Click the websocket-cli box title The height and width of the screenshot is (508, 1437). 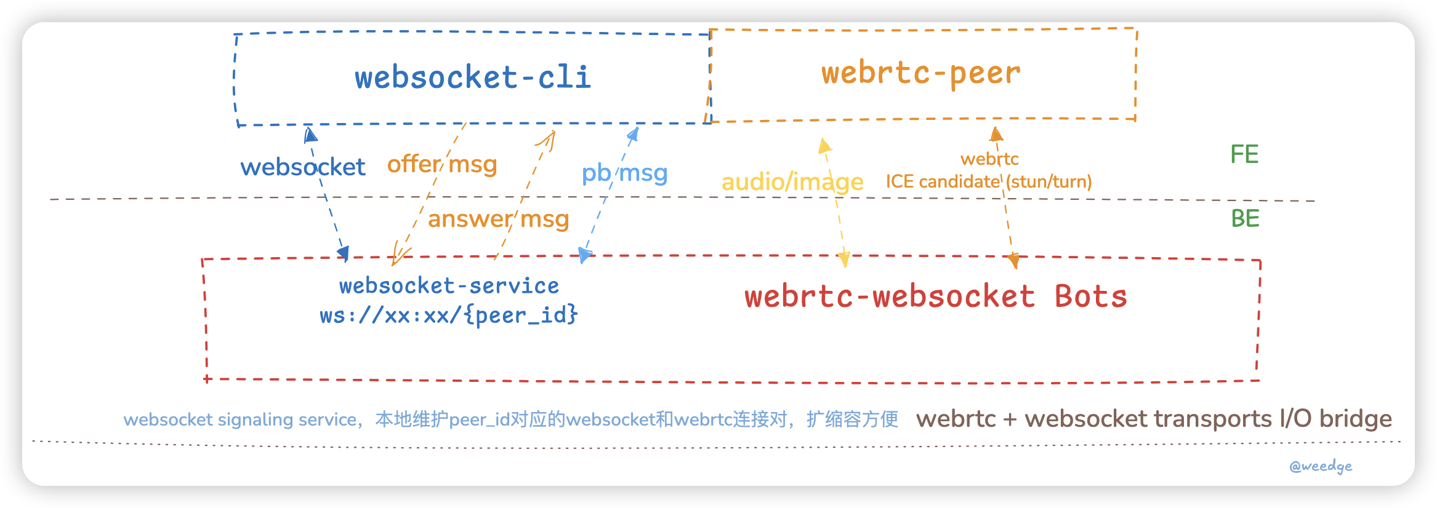[x=473, y=77]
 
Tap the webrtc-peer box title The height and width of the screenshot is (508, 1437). [x=920, y=73]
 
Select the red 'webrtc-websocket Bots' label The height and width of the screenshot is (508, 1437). [x=936, y=296]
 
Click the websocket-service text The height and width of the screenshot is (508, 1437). [x=449, y=286]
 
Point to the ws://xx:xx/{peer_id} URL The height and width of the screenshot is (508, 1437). [x=449, y=316]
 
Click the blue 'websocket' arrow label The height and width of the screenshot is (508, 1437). [x=302, y=167]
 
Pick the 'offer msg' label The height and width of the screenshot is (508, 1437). [x=441, y=165]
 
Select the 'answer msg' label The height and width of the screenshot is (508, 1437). [x=498, y=219]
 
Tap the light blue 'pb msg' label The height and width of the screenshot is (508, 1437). [x=624, y=173]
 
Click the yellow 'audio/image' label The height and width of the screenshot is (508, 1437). [x=792, y=182]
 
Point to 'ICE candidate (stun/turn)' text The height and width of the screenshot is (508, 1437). [x=988, y=182]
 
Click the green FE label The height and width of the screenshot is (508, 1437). [x=1244, y=154]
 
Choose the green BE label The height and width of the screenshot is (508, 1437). [x=1245, y=219]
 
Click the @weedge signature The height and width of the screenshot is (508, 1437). [x=1321, y=466]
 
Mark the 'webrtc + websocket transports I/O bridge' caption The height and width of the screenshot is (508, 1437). [x=1154, y=419]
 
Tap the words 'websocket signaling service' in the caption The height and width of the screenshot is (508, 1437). [x=240, y=419]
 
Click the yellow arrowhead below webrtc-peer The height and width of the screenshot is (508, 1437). [x=824, y=146]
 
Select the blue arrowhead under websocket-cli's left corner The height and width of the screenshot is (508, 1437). [x=310, y=133]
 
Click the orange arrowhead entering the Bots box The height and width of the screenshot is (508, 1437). [x=1013, y=261]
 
